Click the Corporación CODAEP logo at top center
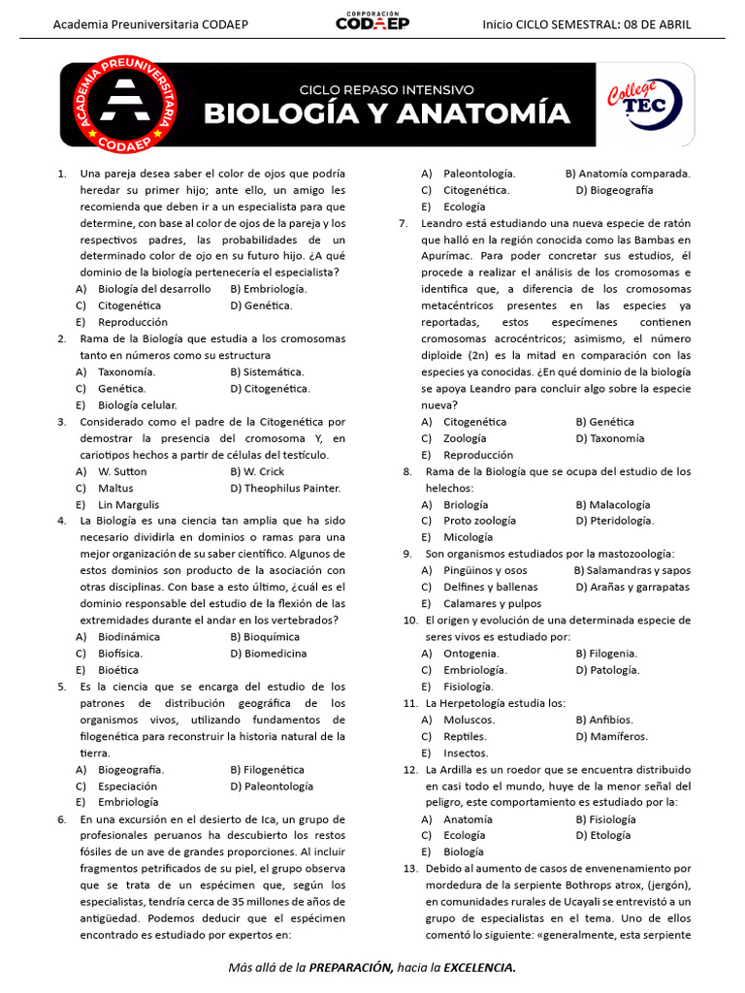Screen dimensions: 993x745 coord(372,21)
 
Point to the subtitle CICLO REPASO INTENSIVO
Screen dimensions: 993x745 coord(386,88)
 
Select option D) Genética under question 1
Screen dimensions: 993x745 coord(261,305)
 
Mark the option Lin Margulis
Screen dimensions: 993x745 coord(128,504)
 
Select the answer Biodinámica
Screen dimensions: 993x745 coord(129,637)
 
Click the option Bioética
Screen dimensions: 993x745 coord(118,670)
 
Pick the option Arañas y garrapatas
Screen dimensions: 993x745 coord(632,587)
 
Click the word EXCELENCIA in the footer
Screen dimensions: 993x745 coord(477,968)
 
